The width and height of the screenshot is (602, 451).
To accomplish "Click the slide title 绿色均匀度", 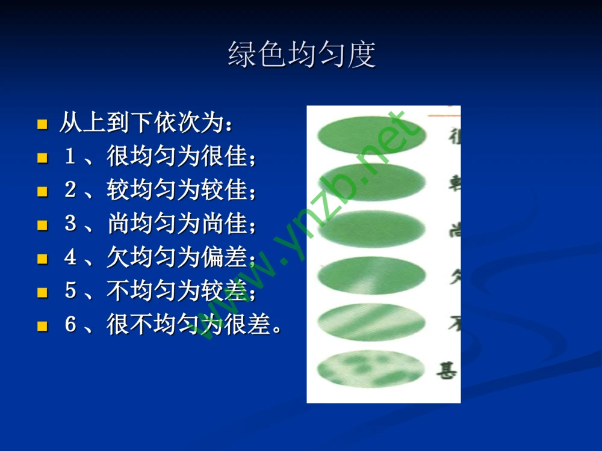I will tap(302, 55).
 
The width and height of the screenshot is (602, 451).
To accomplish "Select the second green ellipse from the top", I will tap(371, 182).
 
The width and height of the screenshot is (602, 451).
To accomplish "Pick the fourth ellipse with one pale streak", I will tap(371, 276).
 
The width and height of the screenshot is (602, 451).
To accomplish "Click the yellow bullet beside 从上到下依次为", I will tap(42, 125).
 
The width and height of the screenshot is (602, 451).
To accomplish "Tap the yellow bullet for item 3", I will tap(42, 226).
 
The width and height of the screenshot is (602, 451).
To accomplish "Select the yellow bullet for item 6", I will tap(42, 327).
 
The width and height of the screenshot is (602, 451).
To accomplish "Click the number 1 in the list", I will tap(70, 158).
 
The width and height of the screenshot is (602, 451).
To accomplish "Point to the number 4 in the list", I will tap(70, 259).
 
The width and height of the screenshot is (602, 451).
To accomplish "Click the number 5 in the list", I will tap(70, 292).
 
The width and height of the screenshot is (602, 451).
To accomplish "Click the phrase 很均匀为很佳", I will tap(178, 158).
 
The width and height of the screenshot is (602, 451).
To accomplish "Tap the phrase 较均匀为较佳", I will tap(178, 191).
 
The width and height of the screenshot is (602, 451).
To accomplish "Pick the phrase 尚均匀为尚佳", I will tap(178, 225).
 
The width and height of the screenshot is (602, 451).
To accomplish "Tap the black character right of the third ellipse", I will tap(453, 230).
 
